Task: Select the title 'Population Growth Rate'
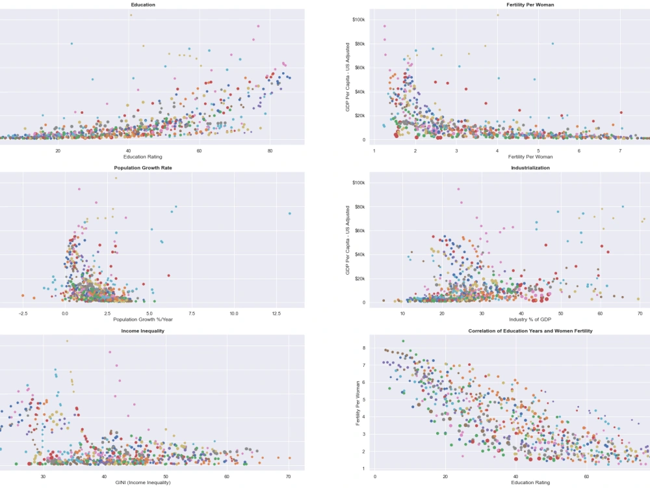(148, 168)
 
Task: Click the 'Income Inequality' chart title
(142, 331)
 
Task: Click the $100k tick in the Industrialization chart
(358, 183)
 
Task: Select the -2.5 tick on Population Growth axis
(23, 313)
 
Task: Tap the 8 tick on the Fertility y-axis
(364, 348)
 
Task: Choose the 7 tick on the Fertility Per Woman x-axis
(620, 150)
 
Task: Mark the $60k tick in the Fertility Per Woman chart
(359, 68)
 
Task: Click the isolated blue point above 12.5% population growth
(290, 213)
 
